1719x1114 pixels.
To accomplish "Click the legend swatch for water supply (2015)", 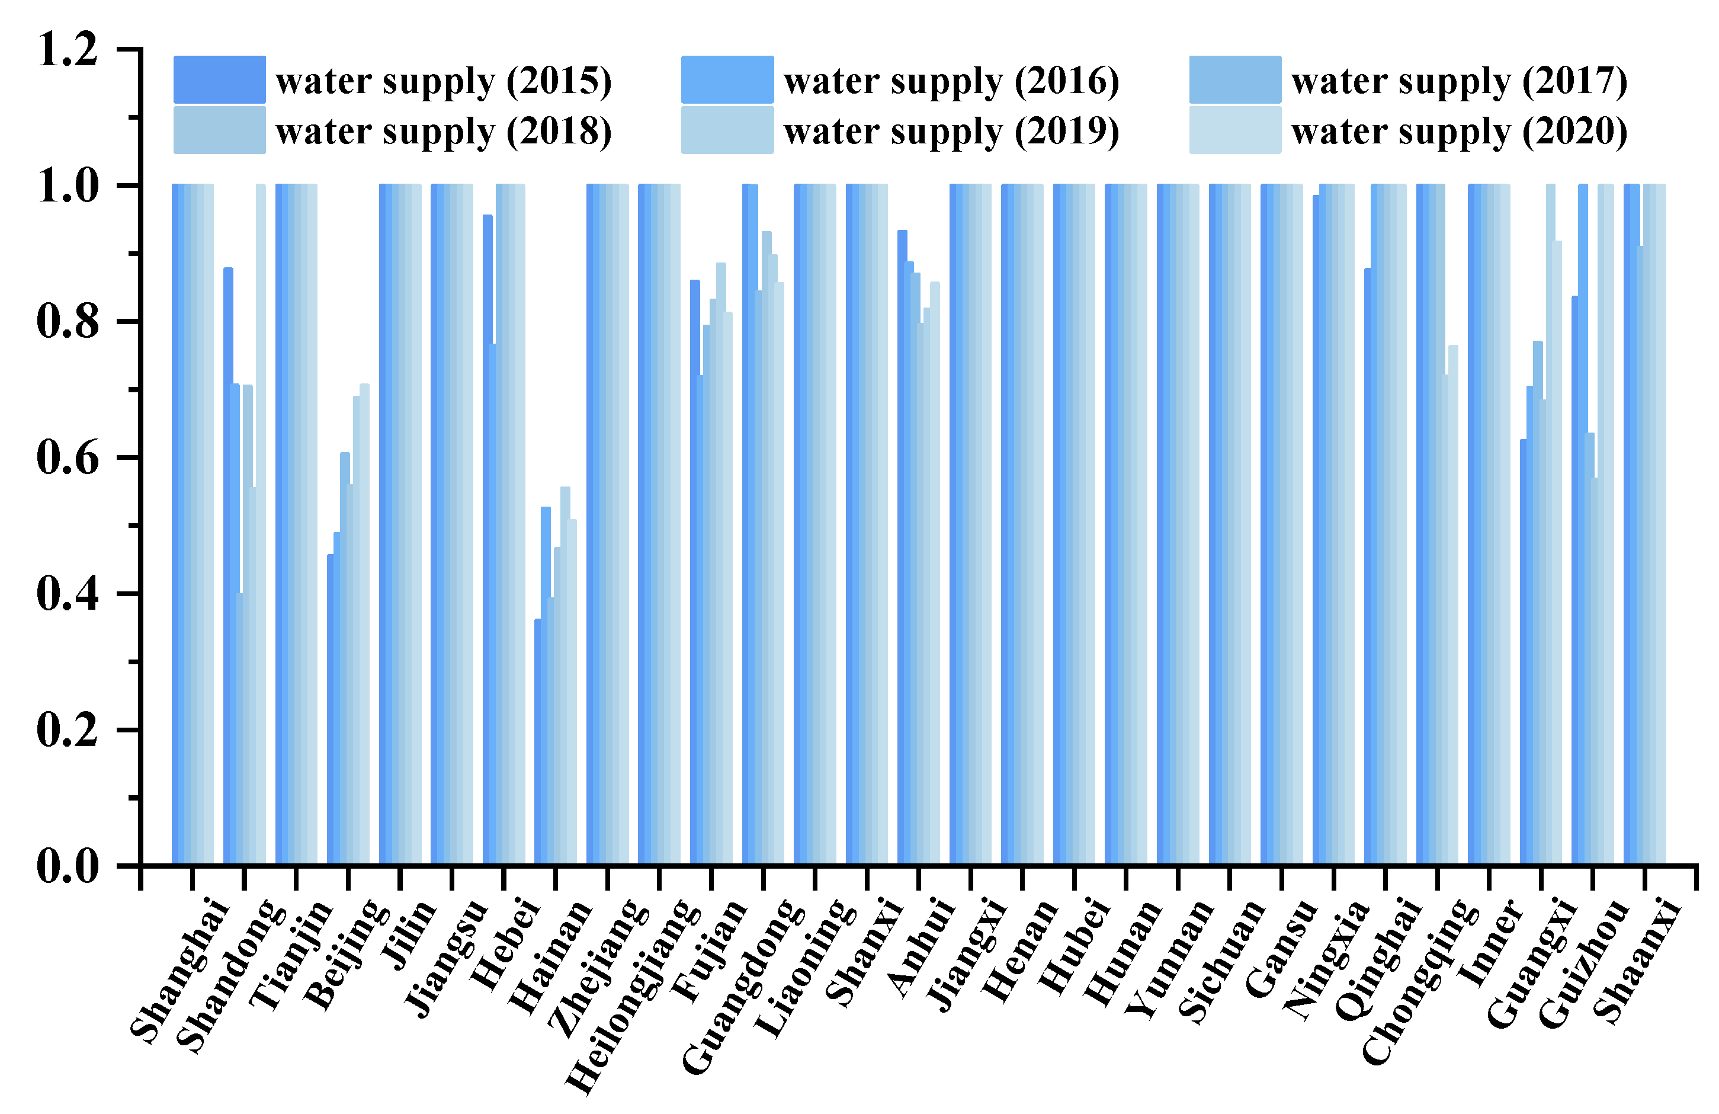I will (219, 79).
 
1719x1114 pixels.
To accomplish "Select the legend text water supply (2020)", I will (1459, 132).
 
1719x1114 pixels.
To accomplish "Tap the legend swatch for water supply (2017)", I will (1235, 79).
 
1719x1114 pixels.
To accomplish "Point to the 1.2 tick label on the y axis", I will (67, 49).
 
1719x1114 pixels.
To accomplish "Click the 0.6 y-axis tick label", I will (67, 458).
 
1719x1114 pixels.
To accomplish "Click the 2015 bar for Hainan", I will (537, 744).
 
